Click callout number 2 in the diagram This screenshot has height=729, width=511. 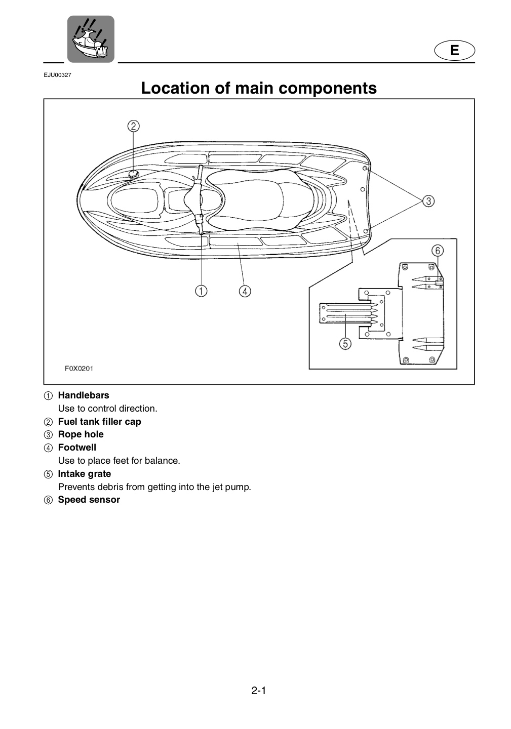tap(133, 126)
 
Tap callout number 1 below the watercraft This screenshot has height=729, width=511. tap(201, 291)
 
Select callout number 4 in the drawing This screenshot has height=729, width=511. tap(245, 291)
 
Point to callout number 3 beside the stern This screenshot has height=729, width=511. tap(428, 201)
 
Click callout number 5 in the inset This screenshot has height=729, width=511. tap(345, 344)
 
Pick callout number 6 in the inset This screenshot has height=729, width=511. tap(438, 251)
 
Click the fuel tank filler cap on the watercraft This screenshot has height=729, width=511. tap(133, 175)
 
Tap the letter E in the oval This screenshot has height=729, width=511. tap(455, 51)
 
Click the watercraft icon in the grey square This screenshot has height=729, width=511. tap(91, 39)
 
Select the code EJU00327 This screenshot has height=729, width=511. tap(58, 75)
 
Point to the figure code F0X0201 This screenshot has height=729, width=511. tap(79, 369)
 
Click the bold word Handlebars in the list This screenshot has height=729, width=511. tap(84, 395)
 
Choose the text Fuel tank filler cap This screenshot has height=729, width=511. tap(100, 421)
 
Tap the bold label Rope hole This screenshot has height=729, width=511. tap(81, 434)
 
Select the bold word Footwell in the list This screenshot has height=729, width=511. tap(77, 448)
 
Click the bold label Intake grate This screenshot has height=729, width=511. tap(85, 474)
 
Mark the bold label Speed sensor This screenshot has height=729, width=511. tap(89, 500)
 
